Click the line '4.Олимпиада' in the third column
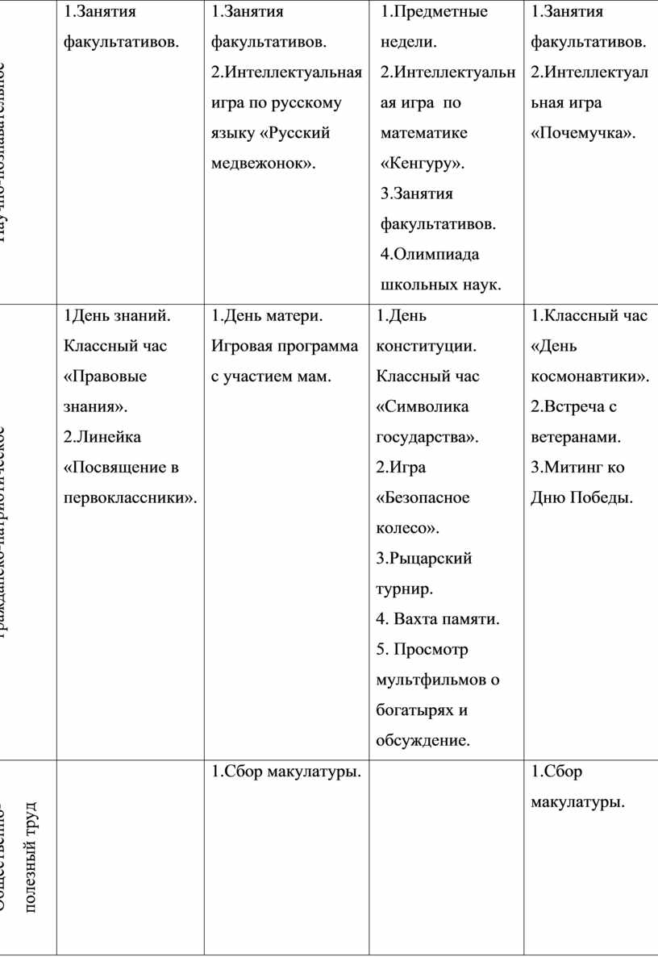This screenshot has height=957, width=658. (x=429, y=255)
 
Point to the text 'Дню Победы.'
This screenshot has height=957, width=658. (x=581, y=498)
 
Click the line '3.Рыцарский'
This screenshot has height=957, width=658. (x=424, y=559)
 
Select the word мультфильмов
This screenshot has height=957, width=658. (x=437, y=680)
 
